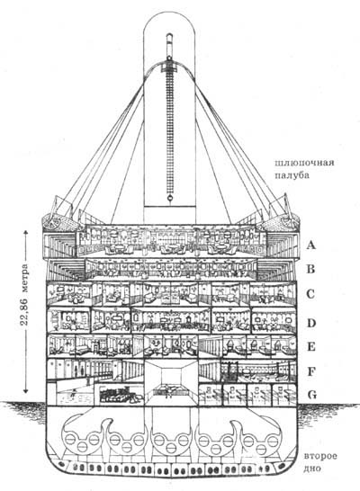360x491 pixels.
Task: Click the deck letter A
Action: tap(310, 245)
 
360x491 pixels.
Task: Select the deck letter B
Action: tap(310, 269)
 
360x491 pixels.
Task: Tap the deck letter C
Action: tap(310, 294)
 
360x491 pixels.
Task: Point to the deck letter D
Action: tap(310, 323)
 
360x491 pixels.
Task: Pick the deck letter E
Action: tap(310, 347)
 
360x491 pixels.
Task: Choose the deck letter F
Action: tap(310, 372)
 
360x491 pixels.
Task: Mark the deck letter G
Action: tap(311, 395)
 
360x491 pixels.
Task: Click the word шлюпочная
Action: tap(304, 163)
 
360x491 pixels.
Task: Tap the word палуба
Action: tap(292, 175)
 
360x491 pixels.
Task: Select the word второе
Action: tap(320, 456)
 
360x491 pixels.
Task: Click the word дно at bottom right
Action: tap(312, 469)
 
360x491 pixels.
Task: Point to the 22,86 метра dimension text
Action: tap(24, 295)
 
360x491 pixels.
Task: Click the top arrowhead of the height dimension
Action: tap(26, 233)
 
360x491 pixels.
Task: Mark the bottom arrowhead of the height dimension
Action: tap(26, 390)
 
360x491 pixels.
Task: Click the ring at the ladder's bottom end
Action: tap(169, 198)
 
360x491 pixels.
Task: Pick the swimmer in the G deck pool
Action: tap(74, 393)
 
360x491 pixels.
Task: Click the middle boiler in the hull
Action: tap(170, 437)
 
